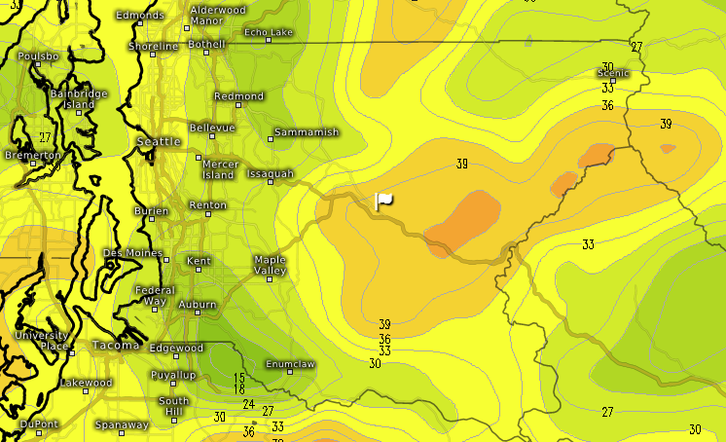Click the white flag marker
pos(383,201)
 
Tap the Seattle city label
pos(159,141)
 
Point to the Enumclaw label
pos(289,364)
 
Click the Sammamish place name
pos(306,131)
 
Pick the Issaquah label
pos(271,173)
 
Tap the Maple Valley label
pos(270,265)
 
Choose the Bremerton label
pos(33,155)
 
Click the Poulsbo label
pos(38,56)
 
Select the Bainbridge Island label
pos(78,99)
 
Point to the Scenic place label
pos(613,73)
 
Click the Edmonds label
pos(140,16)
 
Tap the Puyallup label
pos(173,375)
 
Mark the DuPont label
pos(39,424)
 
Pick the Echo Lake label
pos(268,32)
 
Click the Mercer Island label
pos(219,169)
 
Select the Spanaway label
pos(122,424)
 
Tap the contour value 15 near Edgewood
pos(239,377)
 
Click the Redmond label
pos(239,96)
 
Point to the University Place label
pos(41,341)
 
